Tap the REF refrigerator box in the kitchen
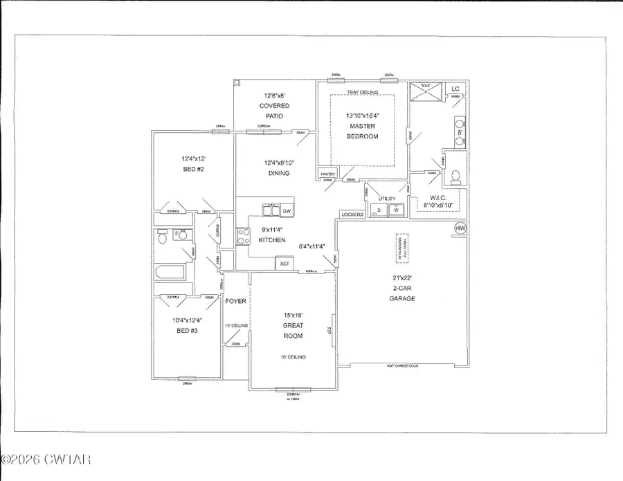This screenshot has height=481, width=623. tap(284, 263)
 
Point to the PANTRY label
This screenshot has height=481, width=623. tap(327, 174)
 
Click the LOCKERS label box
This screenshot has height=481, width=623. tap(352, 215)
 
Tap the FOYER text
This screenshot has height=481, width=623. tap(235, 301)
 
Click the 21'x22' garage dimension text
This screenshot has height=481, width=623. tap(401, 277)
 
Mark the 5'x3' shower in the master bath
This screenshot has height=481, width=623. tap(422, 93)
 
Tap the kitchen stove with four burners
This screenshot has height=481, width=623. tap(243, 237)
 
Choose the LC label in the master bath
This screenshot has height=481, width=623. tap(455, 89)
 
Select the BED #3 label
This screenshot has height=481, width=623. tap(183, 331)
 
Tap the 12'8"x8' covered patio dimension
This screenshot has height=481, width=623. tap(274, 96)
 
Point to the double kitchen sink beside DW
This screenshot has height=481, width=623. tap(270, 209)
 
